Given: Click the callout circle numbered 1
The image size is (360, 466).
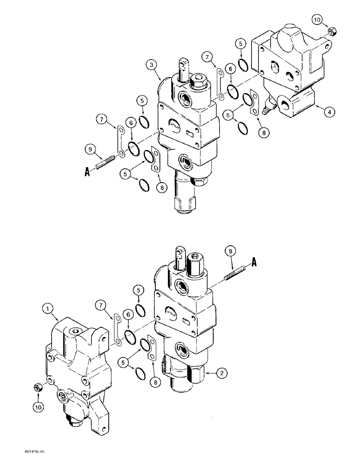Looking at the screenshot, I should [x=48, y=308].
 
